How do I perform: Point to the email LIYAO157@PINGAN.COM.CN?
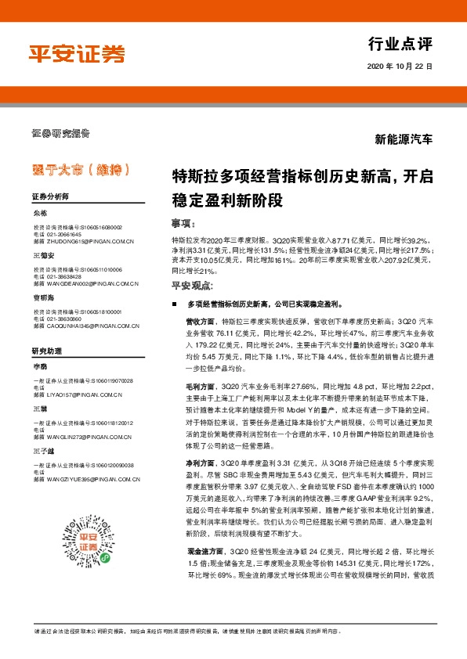[79, 394]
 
